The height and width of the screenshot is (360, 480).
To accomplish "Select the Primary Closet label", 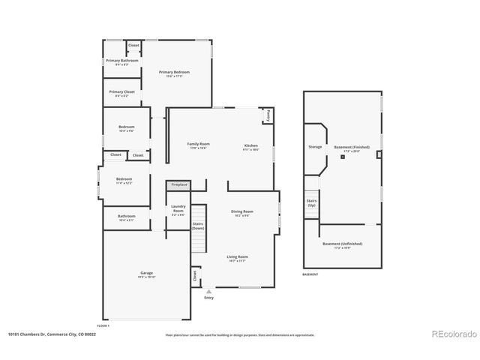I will [x=121, y=92].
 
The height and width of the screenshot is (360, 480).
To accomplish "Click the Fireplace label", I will [x=179, y=184].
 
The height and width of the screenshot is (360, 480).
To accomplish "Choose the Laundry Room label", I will [x=178, y=208].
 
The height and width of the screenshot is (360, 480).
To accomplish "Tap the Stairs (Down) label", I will [x=198, y=226].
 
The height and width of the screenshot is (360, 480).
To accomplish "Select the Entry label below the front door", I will [x=208, y=298].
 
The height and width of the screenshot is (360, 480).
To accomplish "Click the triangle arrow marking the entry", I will [x=208, y=291].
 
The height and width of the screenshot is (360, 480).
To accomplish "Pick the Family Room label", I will [x=198, y=144].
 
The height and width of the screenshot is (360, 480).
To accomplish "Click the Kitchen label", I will [x=250, y=144].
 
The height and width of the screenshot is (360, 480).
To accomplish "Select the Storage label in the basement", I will [x=315, y=147].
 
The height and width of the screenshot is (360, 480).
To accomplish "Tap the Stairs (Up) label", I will [x=311, y=202].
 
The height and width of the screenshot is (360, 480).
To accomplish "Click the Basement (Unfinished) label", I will [x=342, y=244].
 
